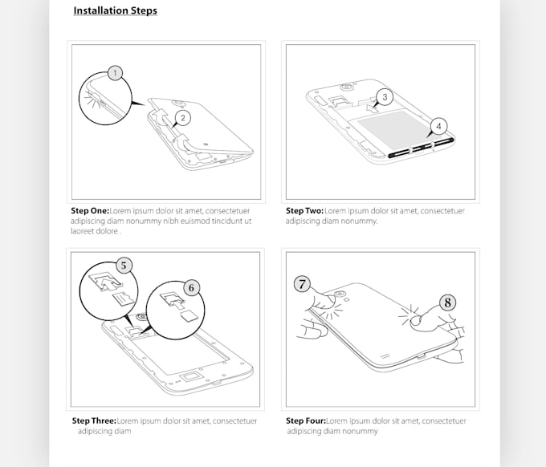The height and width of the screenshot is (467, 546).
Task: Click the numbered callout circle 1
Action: click(115, 73)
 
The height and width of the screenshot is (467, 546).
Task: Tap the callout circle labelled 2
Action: click(183, 118)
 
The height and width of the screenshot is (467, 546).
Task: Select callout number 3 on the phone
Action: click(385, 97)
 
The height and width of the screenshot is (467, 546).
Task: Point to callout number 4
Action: click(438, 126)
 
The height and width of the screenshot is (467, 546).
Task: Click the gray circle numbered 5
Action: click(124, 266)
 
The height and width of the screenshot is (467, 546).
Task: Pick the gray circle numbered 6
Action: click(191, 288)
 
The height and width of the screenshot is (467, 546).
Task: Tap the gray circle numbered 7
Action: click(302, 284)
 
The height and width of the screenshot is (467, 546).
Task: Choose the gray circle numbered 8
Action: click(447, 303)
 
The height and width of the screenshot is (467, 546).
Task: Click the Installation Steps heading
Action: click(116, 10)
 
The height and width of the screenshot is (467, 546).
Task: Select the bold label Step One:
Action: click(90, 210)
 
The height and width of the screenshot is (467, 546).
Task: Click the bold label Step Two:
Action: click(304, 210)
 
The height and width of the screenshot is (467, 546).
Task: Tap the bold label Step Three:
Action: click(94, 420)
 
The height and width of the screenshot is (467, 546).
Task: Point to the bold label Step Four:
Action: click(306, 420)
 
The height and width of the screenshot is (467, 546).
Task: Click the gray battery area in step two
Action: click(393, 129)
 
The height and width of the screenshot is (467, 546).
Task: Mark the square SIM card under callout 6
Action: click(189, 316)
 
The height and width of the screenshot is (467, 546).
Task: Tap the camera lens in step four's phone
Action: click(340, 294)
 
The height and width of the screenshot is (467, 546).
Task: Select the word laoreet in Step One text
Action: click(83, 231)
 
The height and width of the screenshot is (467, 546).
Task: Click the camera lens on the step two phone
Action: click(346, 87)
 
